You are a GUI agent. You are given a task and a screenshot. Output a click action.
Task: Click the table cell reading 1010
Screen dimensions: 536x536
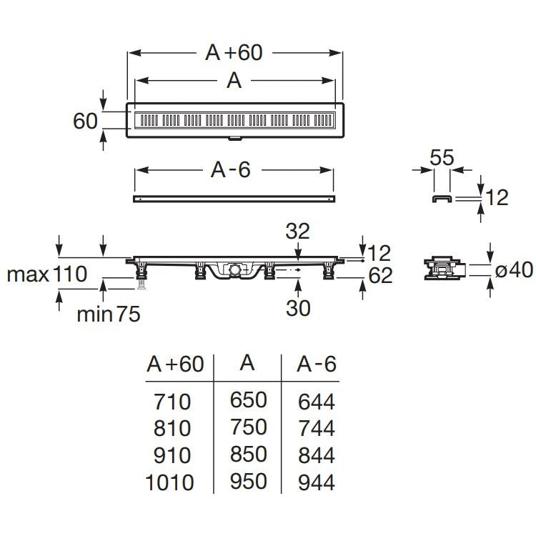tap(169, 482)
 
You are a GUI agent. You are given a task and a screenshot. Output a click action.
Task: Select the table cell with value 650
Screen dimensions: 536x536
tap(248, 400)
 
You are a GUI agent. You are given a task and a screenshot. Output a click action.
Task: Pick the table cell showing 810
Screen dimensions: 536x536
tap(172, 428)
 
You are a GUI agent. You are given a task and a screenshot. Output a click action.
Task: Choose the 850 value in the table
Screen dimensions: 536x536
tap(248, 455)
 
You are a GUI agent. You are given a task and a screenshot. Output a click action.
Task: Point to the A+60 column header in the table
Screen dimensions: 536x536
tap(175, 365)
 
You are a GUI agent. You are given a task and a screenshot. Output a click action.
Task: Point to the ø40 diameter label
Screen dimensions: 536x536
tap(512, 270)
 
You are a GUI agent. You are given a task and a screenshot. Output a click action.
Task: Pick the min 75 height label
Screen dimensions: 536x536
tap(109, 313)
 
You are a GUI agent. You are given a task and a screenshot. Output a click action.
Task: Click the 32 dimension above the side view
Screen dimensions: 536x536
tap(298, 230)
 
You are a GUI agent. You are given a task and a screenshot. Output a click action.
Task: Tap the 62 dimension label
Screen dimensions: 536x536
tap(379, 275)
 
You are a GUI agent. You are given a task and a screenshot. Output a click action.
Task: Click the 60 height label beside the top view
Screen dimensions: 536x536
tap(85, 121)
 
